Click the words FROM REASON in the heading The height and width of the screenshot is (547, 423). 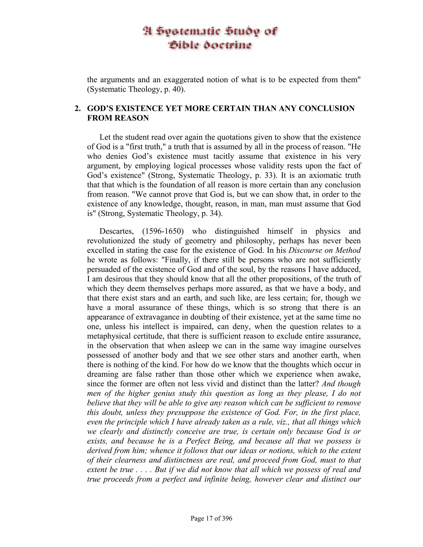click(x=118, y=118)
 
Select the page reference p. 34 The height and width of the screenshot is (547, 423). click(x=211, y=213)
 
